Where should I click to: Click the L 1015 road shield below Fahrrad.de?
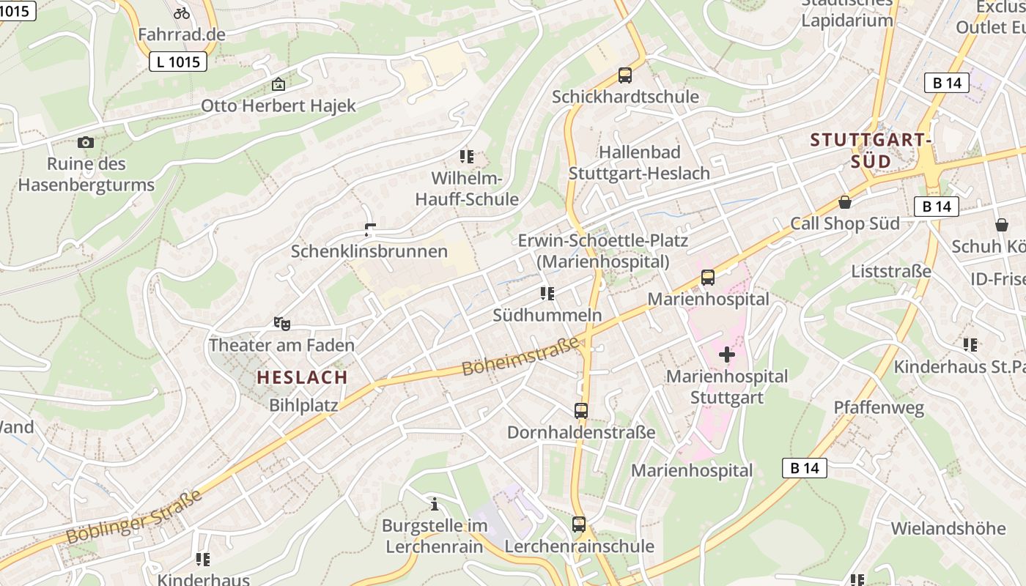pyautogui.click(x=178, y=62)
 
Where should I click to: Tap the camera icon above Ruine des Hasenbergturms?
pyautogui.click(x=86, y=142)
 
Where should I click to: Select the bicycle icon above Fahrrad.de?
pyautogui.click(x=182, y=12)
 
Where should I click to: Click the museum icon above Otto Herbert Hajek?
pyautogui.click(x=278, y=84)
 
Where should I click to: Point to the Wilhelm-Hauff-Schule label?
pyautogui.click(x=466, y=188)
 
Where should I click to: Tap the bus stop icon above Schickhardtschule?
pyautogui.click(x=624, y=75)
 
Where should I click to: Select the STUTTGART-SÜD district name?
pyautogui.click(x=871, y=150)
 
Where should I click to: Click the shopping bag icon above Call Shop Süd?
pyautogui.click(x=845, y=201)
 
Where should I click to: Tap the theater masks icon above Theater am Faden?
pyautogui.click(x=281, y=323)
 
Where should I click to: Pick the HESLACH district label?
pyautogui.click(x=302, y=377)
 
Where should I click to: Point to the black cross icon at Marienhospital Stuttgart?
pyautogui.click(x=726, y=355)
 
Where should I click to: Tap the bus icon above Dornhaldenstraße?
pyautogui.click(x=581, y=411)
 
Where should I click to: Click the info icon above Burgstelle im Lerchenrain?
pyautogui.click(x=435, y=504)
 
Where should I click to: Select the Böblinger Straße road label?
pyautogui.click(x=133, y=517)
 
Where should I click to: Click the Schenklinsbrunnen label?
pyautogui.click(x=369, y=251)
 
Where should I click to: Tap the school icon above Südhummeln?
pyautogui.click(x=547, y=294)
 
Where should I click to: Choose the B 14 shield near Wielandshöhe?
pyautogui.click(x=804, y=468)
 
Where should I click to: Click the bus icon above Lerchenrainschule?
pyautogui.click(x=579, y=524)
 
